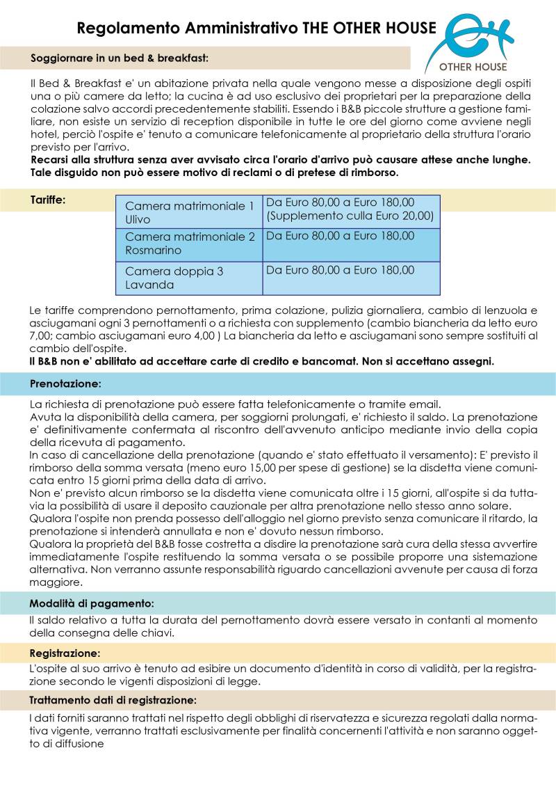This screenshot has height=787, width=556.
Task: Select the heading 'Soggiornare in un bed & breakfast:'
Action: tap(119, 58)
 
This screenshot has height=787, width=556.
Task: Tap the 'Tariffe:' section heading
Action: tap(48, 200)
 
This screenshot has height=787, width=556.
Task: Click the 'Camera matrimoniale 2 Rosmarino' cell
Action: tap(189, 244)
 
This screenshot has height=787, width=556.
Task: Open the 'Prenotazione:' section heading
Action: tap(65, 383)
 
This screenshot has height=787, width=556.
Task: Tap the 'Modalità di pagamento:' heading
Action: tap(92, 603)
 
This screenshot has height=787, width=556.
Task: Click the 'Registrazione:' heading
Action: tap(65, 653)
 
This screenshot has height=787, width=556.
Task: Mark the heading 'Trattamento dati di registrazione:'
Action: tap(113, 699)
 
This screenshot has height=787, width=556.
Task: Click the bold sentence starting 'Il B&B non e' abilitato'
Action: tap(261, 362)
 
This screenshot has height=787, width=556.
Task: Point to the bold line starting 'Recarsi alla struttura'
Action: tap(281, 159)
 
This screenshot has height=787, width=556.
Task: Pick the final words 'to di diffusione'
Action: tap(67, 743)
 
